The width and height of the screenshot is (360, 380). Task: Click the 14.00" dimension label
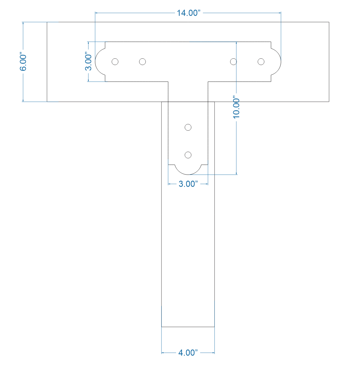point(189,13)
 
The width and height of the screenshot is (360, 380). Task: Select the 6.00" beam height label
point(24,62)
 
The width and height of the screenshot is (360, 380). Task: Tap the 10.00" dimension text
point(236,108)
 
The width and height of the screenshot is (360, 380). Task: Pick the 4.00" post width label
point(188,353)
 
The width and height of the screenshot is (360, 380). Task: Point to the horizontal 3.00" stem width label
point(188,184)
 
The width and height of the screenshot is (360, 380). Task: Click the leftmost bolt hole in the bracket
point(115,61)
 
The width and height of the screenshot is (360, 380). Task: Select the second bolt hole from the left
point(142,61)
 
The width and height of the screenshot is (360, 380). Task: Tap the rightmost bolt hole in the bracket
point(261,61)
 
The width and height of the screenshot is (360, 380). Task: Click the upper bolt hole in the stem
point(188,127)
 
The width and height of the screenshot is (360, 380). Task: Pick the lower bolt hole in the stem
point(188,155)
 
